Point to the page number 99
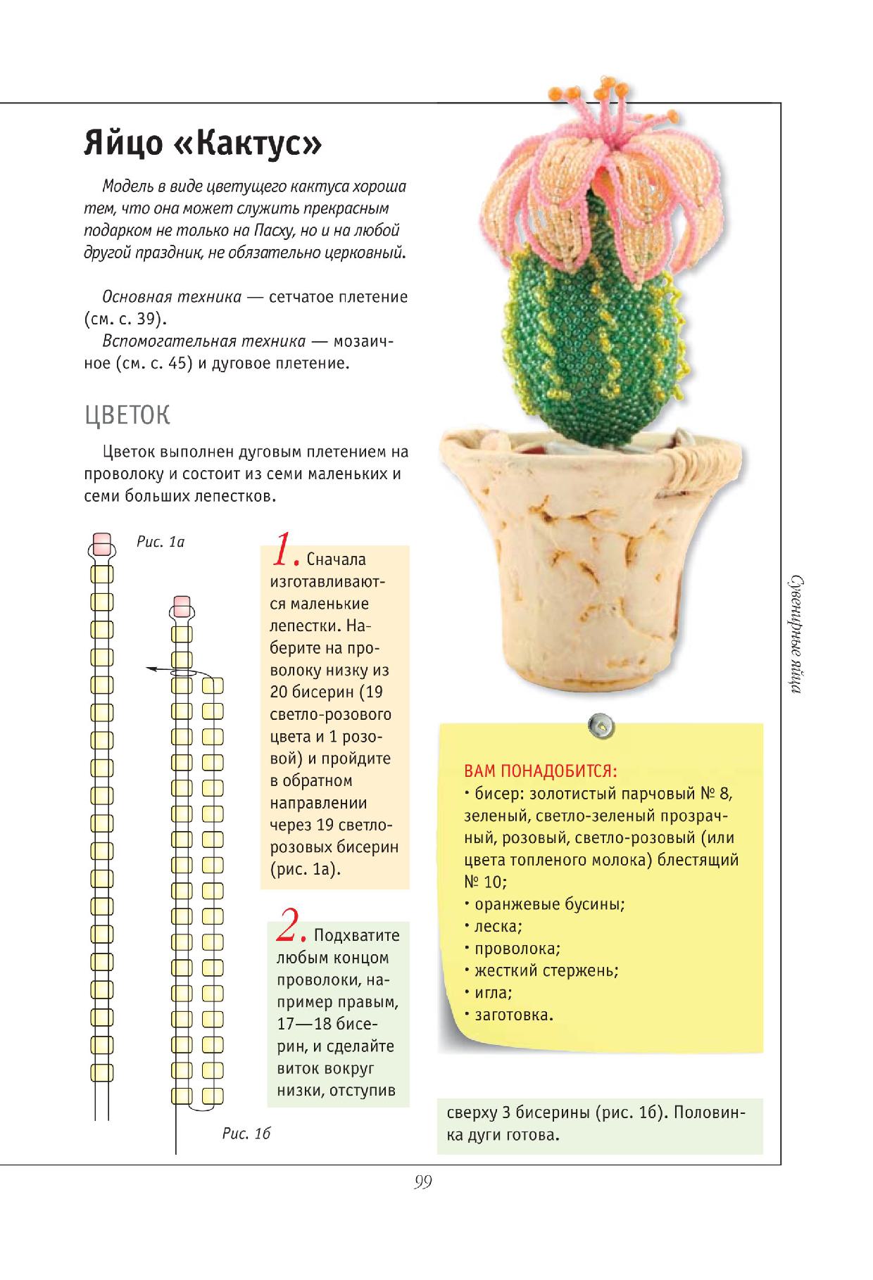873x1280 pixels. tap(422, 1182)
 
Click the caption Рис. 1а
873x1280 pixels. tap(160, 542)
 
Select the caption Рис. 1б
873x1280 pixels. tap(246, 1134)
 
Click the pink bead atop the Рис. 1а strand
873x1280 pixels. tap(102, 543)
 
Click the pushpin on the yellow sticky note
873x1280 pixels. tap(601, 723)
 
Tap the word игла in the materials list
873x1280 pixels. tap(491, 993)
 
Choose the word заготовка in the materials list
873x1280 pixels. tap(513, 1015)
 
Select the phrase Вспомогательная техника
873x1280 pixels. tap(204, 341)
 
